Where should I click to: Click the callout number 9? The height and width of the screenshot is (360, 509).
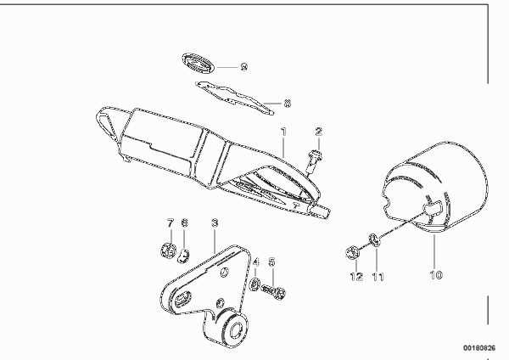click(244, 67)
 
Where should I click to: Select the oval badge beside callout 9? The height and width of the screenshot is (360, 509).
click(198, 63)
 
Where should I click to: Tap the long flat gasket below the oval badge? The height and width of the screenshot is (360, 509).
click(234, 98)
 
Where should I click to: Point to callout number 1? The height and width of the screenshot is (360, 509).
click(284, 132)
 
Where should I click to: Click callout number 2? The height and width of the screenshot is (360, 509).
click(319, 132)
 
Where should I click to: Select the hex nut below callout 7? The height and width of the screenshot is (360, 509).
click(168, 250)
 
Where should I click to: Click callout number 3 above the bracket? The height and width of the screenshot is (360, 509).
click(215, 223)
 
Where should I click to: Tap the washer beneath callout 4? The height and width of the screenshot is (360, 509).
click(255, 284)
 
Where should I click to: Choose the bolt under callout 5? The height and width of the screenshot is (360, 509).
click(273, 292)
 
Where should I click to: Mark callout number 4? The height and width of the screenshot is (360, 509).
click(256, 262)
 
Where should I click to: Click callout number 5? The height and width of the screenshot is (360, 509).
click(272, 262)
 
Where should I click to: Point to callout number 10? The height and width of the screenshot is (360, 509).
click(436, 275)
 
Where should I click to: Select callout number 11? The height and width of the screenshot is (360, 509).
click(378, 277)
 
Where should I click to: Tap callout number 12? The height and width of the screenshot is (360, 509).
click(356, 277)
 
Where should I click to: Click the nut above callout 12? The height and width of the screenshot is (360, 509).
click(352, 253)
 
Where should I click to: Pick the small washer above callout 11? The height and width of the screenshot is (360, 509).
click(374, 240)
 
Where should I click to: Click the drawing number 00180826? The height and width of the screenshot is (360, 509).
click(479, 348)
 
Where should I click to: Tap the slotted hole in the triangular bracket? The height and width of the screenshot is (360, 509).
click(182, 298)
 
